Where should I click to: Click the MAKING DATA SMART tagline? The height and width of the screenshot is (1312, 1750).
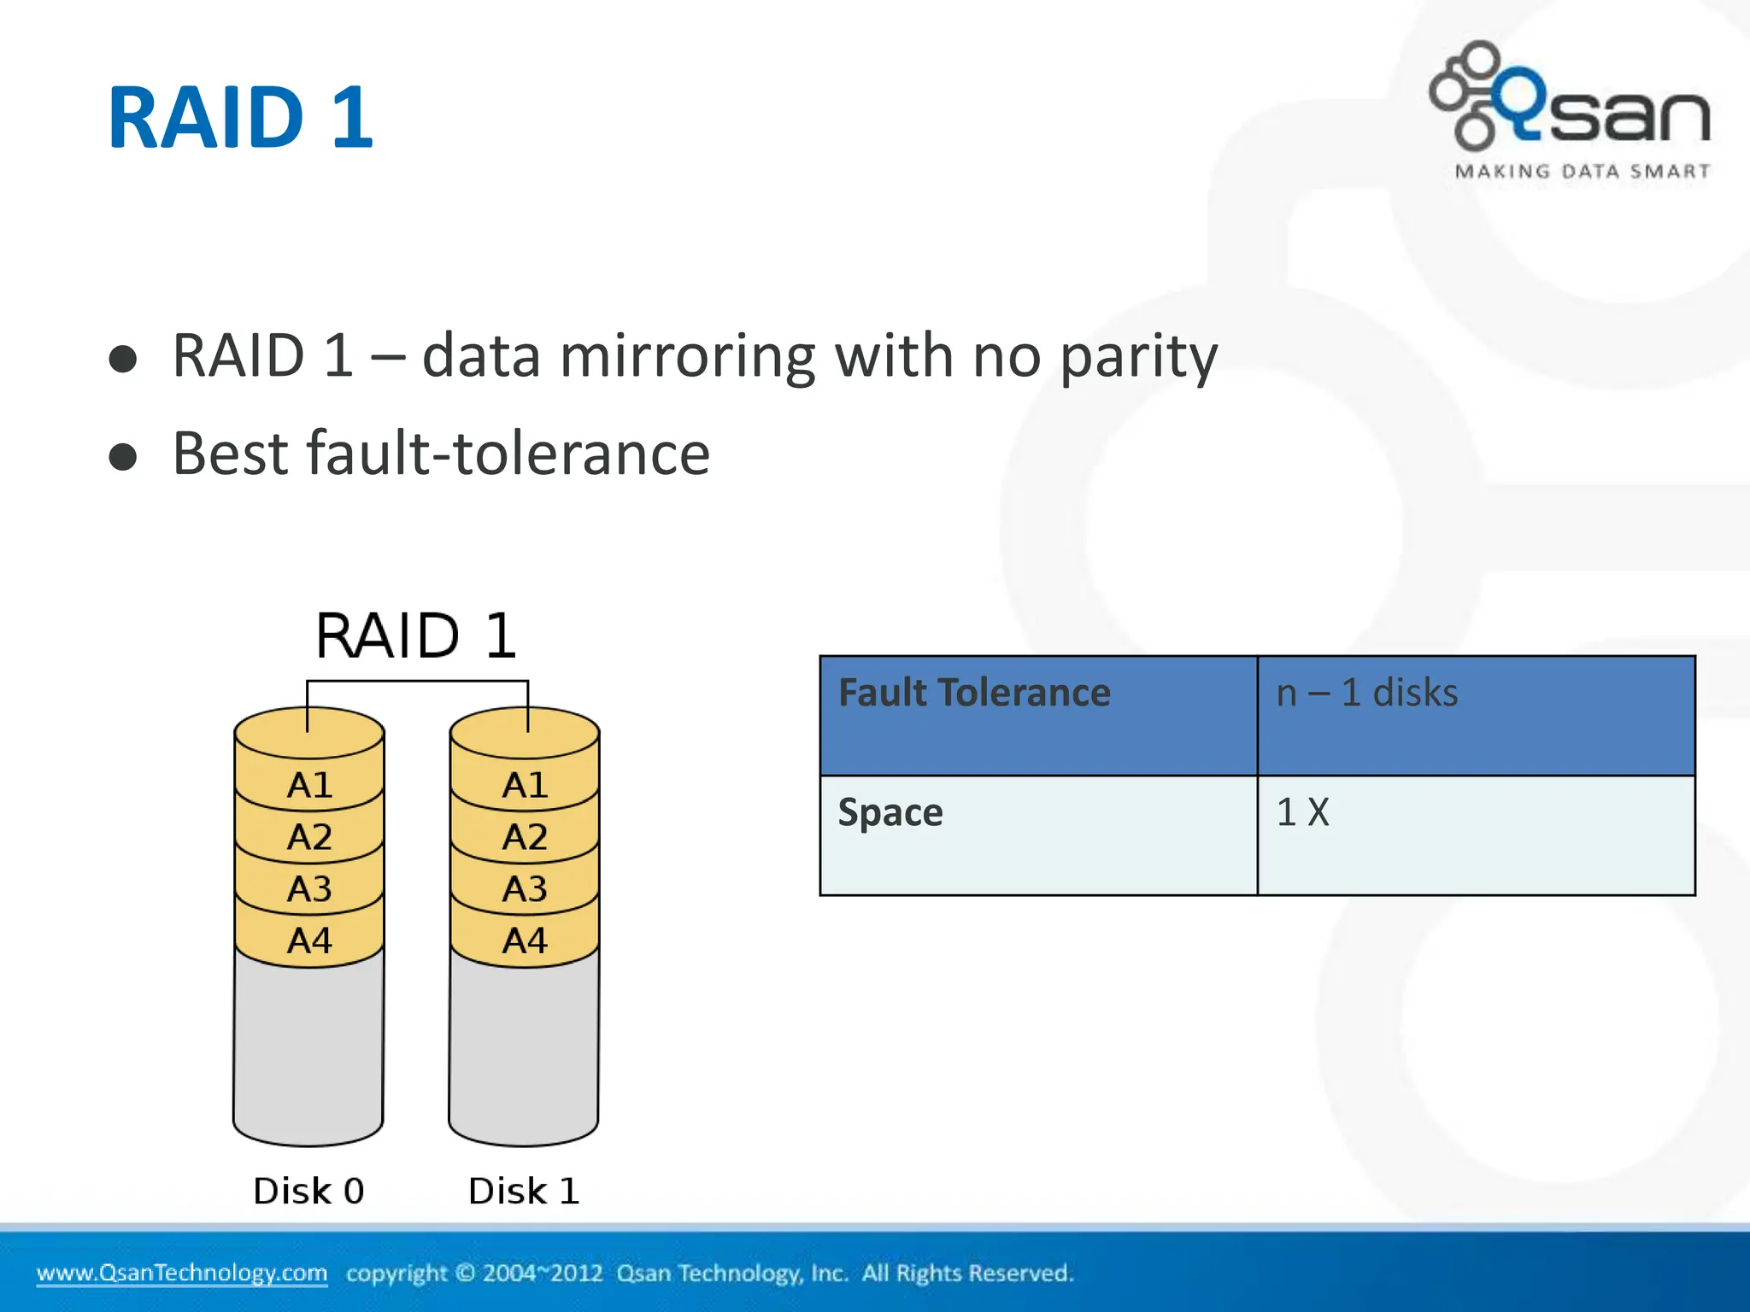click(1582, 172)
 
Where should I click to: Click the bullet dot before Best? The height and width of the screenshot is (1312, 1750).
click(123, 456)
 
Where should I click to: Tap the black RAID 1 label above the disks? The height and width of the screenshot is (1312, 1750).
click(416, 635)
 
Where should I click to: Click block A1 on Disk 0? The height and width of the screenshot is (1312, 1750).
click(309, 785)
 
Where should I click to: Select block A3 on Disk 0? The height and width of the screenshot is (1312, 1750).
click(309, 889)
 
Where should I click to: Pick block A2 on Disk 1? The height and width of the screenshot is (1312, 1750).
click(525, 837)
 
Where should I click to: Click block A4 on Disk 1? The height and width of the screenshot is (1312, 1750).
click(525, 941)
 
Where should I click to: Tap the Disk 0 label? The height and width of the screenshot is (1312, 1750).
click(308, 1191)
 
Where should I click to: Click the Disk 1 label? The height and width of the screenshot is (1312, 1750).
click(524, 1191)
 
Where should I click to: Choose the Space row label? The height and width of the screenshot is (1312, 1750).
click(890, 812)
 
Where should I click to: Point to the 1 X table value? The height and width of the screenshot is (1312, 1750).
click(1302, 812)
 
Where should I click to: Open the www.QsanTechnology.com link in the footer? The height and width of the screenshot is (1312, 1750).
click(182, 1273)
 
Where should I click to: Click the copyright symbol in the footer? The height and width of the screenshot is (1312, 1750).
click(465, 1273)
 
